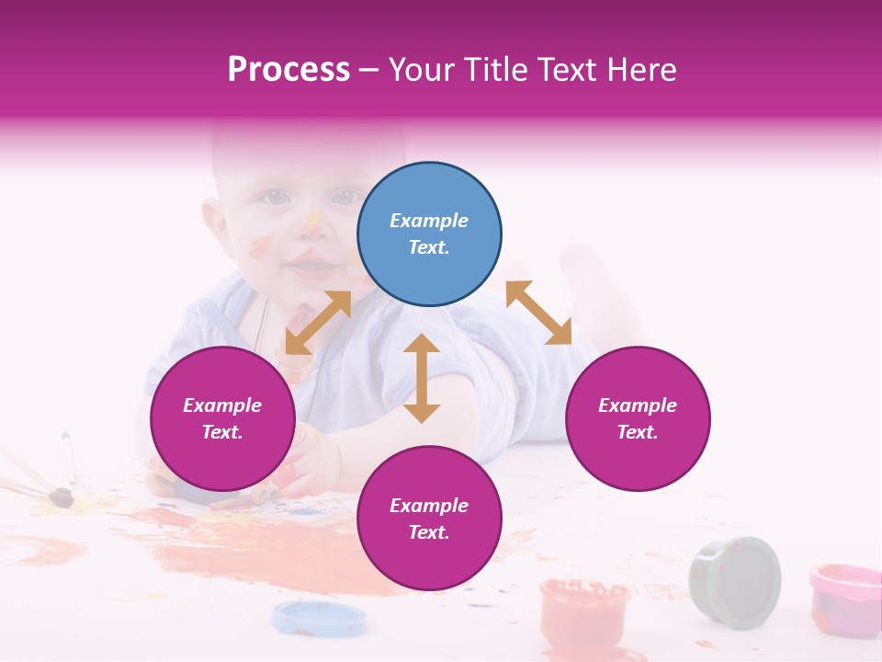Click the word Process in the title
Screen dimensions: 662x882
coord(288,70)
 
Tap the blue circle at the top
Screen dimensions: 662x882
coord(429,234)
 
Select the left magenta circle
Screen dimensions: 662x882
coord(222,419)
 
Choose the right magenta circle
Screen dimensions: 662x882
coord(637,419)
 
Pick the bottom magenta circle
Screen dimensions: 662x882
coord(429,519)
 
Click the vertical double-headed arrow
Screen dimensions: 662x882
coord(422,378)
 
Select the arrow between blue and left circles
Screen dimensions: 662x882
coord(318,323)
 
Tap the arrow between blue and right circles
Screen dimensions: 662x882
coord(538,313)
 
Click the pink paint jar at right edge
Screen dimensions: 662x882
coord(845,599)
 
